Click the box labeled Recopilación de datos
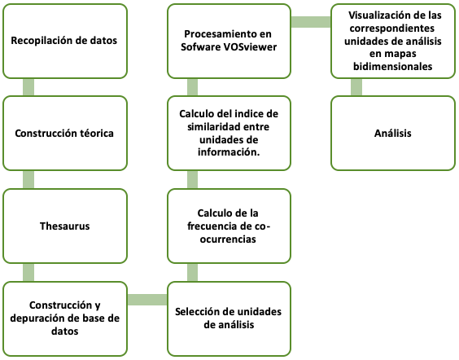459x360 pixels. point(65,41)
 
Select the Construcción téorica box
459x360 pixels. point(65,133)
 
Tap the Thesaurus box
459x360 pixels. point(65,226)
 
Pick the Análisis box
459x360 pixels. point(393,133)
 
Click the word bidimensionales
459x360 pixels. point(392,67)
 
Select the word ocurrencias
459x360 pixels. point(228,239)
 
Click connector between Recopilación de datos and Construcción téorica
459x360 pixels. point(28,87)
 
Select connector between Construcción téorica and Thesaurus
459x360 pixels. point(28,179)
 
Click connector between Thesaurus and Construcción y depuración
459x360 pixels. point(28,272)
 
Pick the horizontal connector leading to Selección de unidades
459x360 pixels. point(147,300)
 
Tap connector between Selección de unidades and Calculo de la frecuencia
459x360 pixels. point(192,272)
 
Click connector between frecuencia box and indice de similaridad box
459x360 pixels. point(192,179)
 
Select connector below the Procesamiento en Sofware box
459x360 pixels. point(192,87)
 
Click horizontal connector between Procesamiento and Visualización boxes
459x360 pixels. point(311,22)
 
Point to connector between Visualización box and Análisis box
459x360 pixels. point(356,87)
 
